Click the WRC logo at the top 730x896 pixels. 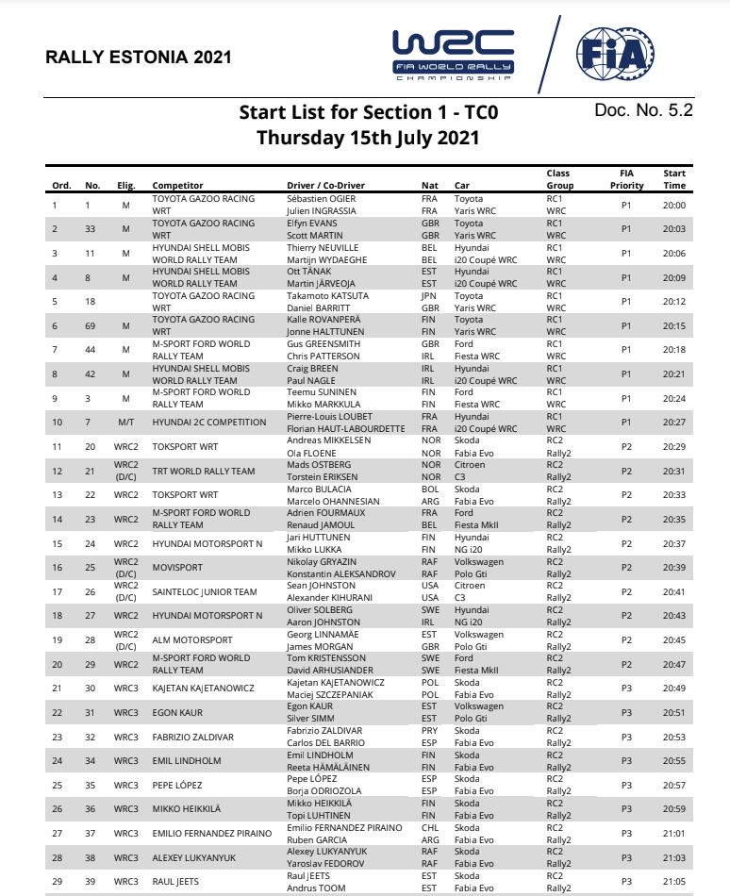454,55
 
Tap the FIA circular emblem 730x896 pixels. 615,55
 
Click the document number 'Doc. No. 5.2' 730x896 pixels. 644,110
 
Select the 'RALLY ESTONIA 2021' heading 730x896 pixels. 139,58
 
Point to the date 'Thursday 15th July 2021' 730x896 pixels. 368,138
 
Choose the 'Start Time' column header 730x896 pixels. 674,179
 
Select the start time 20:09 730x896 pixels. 674,277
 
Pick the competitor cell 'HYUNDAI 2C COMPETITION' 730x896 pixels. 209,423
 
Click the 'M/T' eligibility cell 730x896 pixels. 126,423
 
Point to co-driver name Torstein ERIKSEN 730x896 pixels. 323,477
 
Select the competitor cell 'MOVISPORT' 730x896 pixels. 179,568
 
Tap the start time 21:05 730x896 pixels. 674,882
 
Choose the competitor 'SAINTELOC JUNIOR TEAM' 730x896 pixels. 205,592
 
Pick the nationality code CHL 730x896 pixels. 430,827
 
